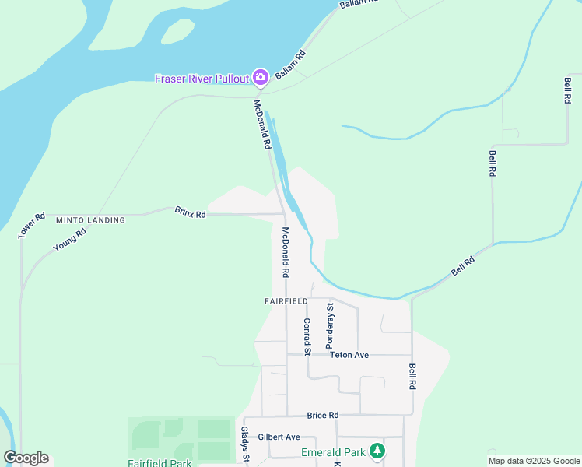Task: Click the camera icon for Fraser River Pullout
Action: (x=261, y=77)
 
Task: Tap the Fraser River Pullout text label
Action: (x=202, y=78)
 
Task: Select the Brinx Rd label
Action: (x=190, y=212)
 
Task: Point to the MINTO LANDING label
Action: (x=90, y=220)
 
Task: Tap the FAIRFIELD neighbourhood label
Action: (x=286, y=300)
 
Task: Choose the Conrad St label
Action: (x=307, y=336)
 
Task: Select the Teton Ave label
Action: (x=349, y=355)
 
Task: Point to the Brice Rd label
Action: (x=323, y=415)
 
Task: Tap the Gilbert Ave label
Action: (x=279, y=437)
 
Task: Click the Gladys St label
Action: (x=244, y=444)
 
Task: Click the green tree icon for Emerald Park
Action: (x=377, y=451)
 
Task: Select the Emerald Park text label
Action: (x=334, y=451)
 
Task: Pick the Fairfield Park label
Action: (x=160, y=462)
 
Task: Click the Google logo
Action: (x=26, y=458)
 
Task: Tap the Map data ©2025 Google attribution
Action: (x=535, y=461)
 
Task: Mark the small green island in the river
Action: (x=177, y=32)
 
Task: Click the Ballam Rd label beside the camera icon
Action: (x=290, y=61)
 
